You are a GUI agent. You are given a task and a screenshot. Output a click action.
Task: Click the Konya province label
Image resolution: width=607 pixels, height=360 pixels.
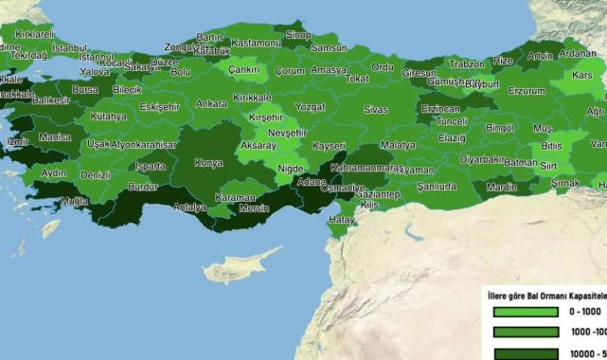[x=208, y=163]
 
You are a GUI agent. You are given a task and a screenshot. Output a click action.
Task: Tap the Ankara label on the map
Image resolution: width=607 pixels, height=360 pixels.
[x=210, y=103]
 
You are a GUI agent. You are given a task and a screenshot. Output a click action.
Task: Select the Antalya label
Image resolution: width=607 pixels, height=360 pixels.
[x=189, y=207]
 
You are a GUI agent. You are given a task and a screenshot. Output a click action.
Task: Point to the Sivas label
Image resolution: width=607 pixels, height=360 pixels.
[x=376, y=110]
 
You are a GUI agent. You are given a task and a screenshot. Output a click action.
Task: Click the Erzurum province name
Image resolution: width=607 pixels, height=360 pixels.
[x=527, y=91]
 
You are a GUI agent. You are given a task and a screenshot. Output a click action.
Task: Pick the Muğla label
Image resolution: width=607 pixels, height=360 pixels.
[x=73, y=202]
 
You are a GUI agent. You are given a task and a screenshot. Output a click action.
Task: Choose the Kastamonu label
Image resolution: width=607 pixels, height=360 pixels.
[x=257, y=44]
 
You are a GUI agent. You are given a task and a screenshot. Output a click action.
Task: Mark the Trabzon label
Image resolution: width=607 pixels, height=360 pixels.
[x=467, y=64]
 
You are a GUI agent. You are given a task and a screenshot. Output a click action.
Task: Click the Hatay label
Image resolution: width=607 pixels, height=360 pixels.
[x=341, y=220]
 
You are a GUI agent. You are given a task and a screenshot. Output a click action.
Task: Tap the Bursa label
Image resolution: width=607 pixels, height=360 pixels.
[x=85, y=90]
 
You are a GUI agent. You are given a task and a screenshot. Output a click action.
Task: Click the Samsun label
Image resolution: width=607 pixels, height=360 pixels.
[x=329, y=47]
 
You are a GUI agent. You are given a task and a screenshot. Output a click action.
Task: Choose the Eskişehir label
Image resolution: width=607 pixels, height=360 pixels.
[x=159, y=107]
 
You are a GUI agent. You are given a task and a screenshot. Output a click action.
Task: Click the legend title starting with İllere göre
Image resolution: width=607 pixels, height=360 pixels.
[x=545, y=293]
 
